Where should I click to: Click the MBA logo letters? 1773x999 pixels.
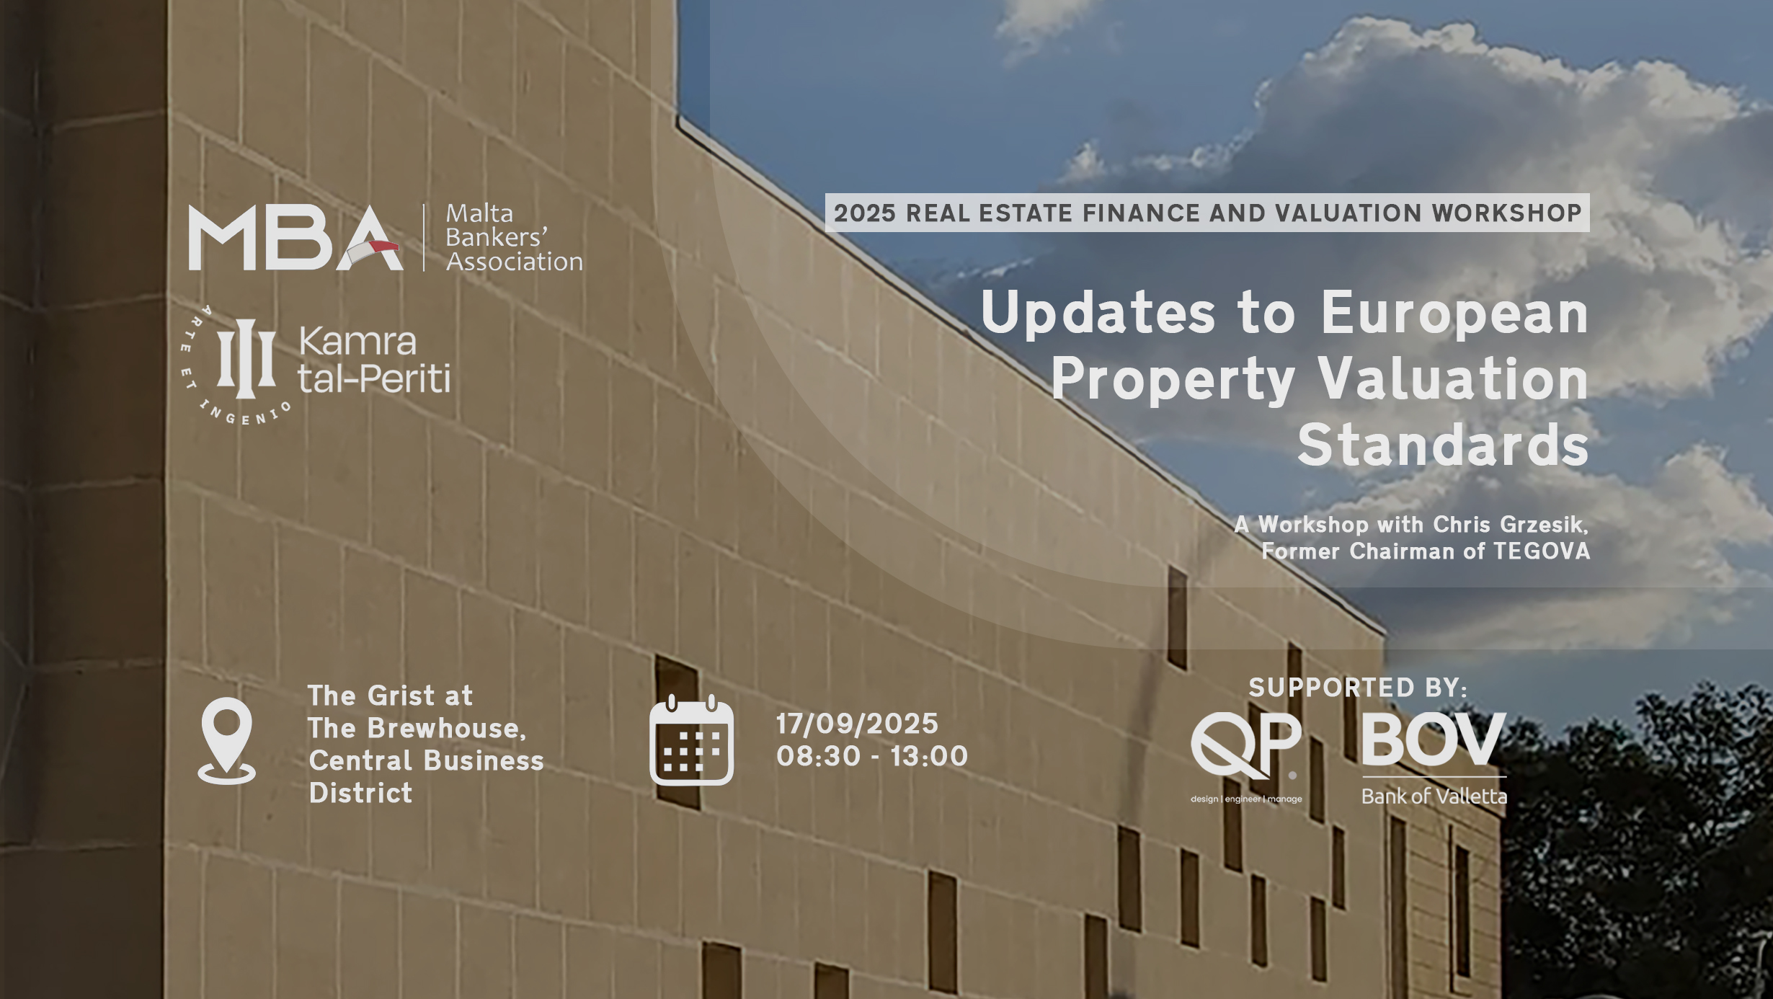click(x=295, y=238)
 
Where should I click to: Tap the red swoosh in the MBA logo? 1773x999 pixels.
click(x=383, y=247)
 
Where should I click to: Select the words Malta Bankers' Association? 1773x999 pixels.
click(x=514, y=237)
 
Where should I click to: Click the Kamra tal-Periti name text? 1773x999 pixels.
click(x=374, y=360)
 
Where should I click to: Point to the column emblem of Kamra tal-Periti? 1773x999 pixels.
click(x=246, y=358)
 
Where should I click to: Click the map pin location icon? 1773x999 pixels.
click(x=226, y=740)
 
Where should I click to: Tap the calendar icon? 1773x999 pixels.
click(x=691, y=740)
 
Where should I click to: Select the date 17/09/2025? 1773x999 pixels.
click(x=857, y=724)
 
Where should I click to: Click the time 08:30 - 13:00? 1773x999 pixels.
click(x=872, y=756)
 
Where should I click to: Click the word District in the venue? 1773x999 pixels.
click(x=360, y=793)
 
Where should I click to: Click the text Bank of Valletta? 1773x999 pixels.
click(x=1434, y=796)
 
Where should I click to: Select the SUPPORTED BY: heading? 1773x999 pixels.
click(x=1358, y=688)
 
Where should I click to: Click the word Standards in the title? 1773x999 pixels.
click(x=1443, y=445)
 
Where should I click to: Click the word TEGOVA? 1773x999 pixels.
click(x=1542, y=551)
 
